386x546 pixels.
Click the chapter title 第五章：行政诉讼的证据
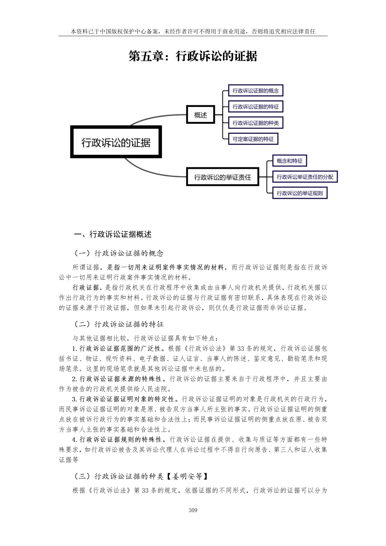tap(193, 56)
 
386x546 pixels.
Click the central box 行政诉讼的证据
tap(116, 142)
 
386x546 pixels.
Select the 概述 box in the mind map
tap(201, 115)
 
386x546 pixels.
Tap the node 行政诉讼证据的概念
tap(255, 90)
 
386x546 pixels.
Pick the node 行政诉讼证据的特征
tap(255, 107)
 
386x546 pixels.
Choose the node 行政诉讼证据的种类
tap(255, 123)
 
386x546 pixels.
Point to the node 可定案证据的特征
tap(253, 139)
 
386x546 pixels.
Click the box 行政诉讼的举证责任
tap(222, 177)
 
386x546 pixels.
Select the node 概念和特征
tap(289, 161)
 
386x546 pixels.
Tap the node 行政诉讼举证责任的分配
tap(305, 177)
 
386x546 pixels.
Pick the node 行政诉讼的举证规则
tap(300, 193)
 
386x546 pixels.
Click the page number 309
tap(193, 510)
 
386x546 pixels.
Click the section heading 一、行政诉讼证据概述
tap(113, 234)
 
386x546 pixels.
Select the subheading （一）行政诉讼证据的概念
tap(118, 254)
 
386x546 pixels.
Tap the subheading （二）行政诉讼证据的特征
tap(118, 324)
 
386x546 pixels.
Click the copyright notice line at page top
tap(193, 31)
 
